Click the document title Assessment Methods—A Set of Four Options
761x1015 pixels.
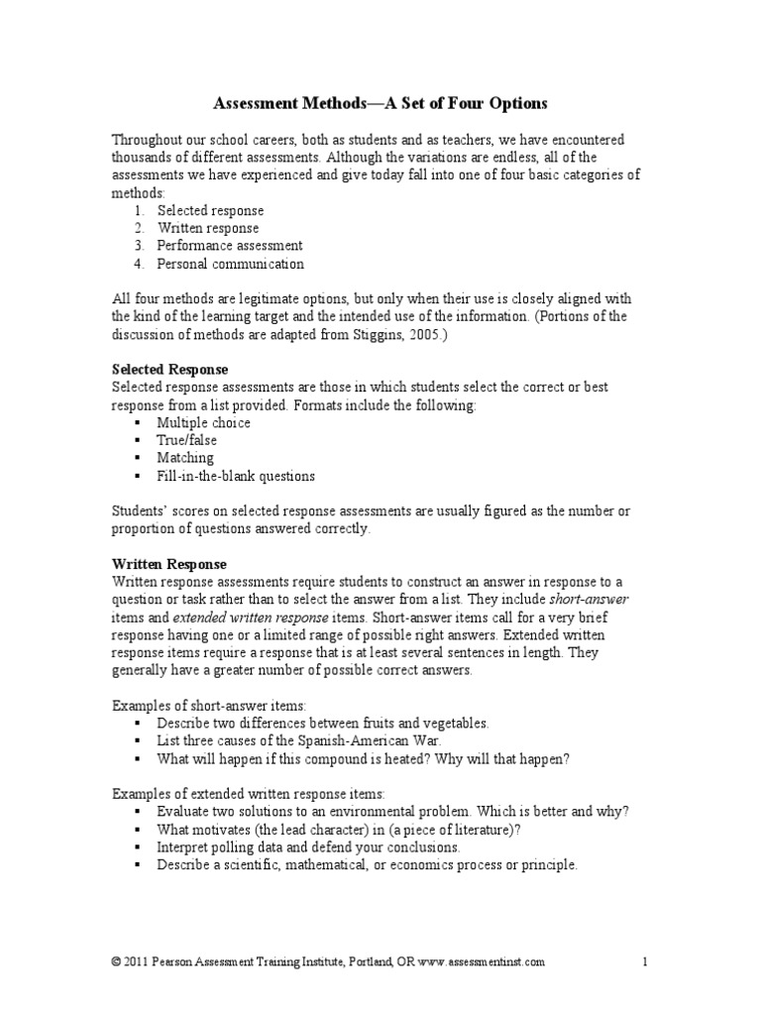[x=380, y=103]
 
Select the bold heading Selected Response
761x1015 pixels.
[x=169, y=369]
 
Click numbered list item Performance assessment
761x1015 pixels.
[x=229, y=246]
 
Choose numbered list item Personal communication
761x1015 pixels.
[x=230, y=264]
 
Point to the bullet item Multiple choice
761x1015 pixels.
[x=203, y=422]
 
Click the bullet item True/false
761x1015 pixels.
[x=186, y=440]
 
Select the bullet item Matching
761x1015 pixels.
[x=184, y=458]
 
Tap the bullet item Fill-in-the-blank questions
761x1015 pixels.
[x=235, y=476]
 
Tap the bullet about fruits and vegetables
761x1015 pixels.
[x=323, y=723]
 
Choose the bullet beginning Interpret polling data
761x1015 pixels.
[x=307, y=847]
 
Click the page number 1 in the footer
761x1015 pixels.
[x=644, y=961]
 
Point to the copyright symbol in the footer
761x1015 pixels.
[x=117, y=961]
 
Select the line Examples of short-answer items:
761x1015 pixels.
[x=209, y=705]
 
